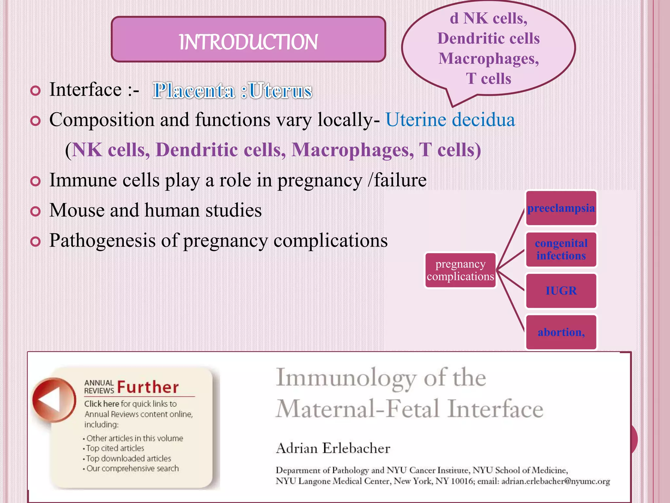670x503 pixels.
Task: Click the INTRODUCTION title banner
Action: (x=248, y=40)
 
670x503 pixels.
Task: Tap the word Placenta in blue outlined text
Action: (x=194, y=91)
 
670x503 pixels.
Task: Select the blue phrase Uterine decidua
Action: (x=450, y=120)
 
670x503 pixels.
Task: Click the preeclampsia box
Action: (x=561, y=208)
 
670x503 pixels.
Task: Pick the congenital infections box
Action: (x=561, y=250)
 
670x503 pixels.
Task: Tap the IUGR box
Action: (x=561, y=291)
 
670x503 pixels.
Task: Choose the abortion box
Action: (x=561, y=332)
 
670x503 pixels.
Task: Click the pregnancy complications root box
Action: (x=460, y=270)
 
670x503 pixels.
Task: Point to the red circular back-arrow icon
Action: (x=53, y=400)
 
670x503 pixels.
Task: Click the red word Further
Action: (x=148, y=387)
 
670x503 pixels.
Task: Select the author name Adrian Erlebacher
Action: (x=333, y=448)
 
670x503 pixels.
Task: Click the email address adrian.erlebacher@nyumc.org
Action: (x=555, y=481)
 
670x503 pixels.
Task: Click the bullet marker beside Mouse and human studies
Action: (x=35, y=211)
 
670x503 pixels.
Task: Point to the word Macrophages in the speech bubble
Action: (x=488, y=59)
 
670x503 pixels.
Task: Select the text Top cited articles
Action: (x=115, y=448)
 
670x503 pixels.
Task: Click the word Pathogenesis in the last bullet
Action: (x=102, y=241)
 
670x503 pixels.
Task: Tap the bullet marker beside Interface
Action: (x=35, y=91)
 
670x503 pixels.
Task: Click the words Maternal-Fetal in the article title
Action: (x=358, y=409)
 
